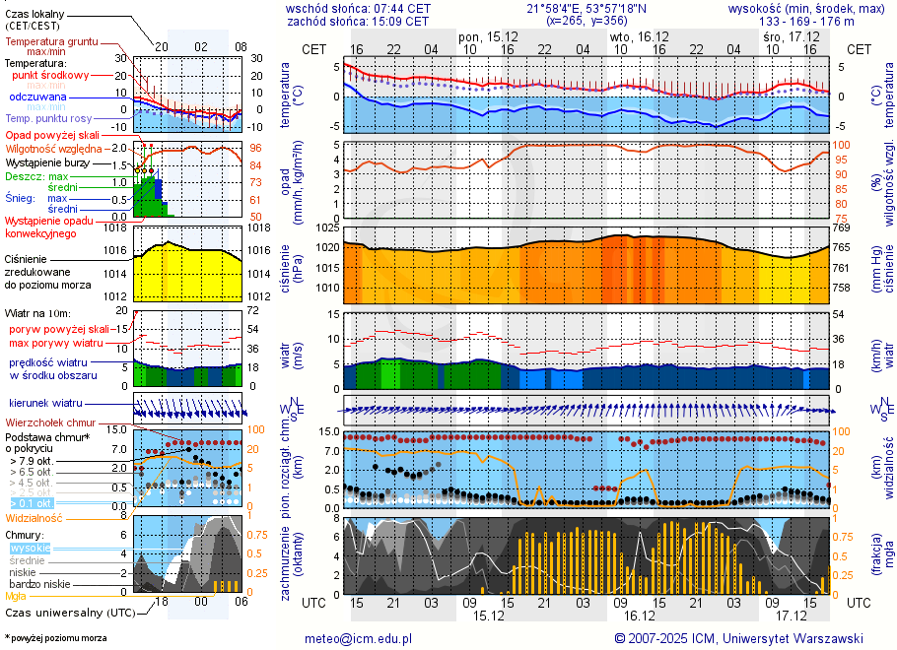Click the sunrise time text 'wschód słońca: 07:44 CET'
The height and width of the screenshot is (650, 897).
click(x=358, y=8)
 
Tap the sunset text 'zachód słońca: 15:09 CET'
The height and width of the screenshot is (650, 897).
click(x=358, y=21)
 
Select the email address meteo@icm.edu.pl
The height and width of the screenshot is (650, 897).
click(x=358, y=638)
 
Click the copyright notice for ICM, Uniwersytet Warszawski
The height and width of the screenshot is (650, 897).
click(x=738, y=638)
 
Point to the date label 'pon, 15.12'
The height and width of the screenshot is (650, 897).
click(x=482, y=35)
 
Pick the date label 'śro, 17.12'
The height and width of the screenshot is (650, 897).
click(x=785, y=35)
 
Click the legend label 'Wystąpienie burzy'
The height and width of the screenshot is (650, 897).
click(x=51, y=162)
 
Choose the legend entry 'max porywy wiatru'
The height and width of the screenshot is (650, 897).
click(x=56, y=343)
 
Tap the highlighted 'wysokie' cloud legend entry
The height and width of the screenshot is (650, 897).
click(x=30, y=548)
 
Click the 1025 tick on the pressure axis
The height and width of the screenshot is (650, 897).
click(x=329, y=228)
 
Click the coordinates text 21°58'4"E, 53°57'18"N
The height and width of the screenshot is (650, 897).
click(x=586, y=8)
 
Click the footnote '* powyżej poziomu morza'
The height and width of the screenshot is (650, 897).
click(x=55, y=638)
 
